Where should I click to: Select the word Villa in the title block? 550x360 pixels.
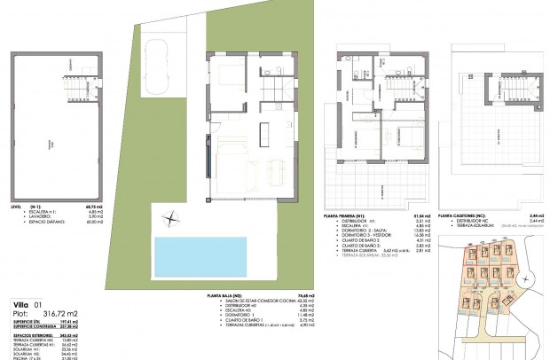[x=15, y=303]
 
